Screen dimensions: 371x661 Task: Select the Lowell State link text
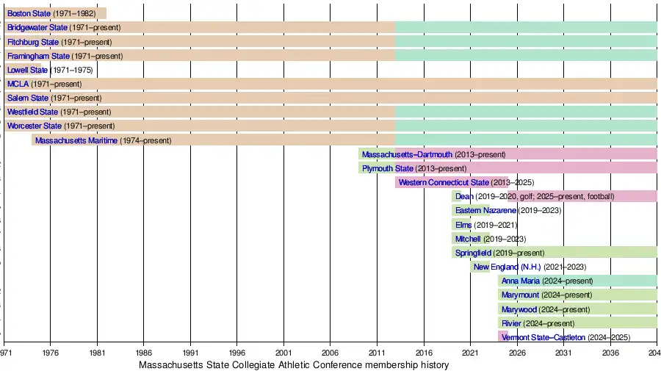tap(27, 70)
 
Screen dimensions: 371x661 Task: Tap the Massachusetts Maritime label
tap(76, 140)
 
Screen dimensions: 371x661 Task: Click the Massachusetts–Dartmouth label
tap(407, 154)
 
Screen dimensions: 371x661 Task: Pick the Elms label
tap(463, 225)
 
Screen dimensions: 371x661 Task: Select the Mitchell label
tap(468, 239)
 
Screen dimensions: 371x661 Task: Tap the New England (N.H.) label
tap(507, 267)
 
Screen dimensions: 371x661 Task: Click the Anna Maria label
tap(521, 281)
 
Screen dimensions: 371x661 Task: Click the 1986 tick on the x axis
tap(144, 353)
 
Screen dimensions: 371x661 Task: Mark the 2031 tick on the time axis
tap(564, 353)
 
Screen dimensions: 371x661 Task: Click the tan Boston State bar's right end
tap(105, 13)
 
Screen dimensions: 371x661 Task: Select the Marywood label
tap(519, 309)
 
